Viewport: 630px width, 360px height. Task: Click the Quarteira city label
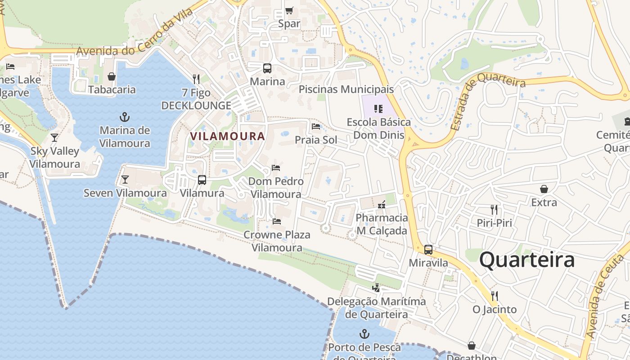point(527,260)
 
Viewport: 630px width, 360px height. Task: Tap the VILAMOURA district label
point(227,136)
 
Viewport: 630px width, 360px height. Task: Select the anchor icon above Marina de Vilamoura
point(125,117)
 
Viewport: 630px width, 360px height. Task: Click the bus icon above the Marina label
point(267,68)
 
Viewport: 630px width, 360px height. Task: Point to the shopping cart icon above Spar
point(289,10)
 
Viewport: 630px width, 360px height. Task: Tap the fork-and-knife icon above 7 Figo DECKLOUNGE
point(196,79)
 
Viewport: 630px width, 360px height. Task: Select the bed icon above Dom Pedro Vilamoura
point(276,168)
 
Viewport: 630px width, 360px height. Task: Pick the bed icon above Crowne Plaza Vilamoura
point(277,221)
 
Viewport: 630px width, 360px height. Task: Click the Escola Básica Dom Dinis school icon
point(378,109)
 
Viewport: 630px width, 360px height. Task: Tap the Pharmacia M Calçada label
point(382,224)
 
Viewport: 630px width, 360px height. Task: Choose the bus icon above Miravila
point(428,249)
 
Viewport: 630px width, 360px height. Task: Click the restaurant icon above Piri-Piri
point(494,209)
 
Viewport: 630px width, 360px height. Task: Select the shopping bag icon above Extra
point(544,189)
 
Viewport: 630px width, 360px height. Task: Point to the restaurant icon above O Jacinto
point(495,296)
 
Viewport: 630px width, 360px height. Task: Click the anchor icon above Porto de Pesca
point(364,334)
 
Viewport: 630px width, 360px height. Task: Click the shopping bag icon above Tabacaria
point(112,76)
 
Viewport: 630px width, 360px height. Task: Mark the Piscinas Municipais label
point(346,89)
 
